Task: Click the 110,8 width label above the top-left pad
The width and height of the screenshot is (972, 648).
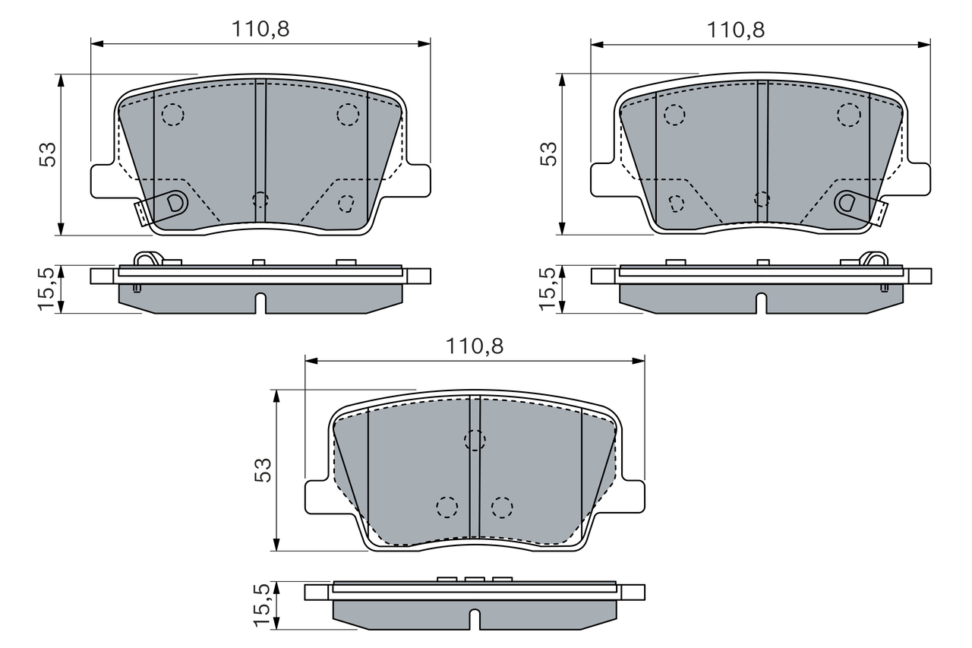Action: point(260,29)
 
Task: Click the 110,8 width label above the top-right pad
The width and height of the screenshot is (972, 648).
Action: point(736,30)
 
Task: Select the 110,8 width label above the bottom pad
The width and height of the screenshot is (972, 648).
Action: point(475,346)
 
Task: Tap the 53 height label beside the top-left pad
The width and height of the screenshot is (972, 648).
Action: point(48,154)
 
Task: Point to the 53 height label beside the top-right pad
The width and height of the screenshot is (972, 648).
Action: point(548,154)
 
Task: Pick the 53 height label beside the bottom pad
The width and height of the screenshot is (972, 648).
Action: point(263,470)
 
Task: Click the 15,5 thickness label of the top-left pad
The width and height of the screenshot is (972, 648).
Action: point(47,289)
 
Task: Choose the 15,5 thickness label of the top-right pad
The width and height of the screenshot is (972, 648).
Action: point(548,289)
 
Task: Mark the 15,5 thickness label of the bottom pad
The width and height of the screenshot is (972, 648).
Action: point(262,605)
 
